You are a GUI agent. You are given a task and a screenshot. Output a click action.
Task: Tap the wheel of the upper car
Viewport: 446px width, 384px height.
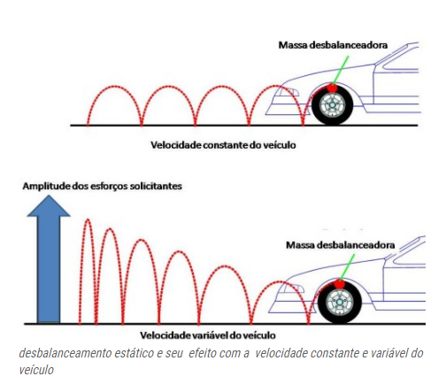point(332,105)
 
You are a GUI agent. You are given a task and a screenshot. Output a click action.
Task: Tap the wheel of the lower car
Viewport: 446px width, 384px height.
point(340,303)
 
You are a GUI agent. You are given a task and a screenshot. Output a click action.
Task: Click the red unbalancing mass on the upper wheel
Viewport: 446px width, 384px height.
point(333,88)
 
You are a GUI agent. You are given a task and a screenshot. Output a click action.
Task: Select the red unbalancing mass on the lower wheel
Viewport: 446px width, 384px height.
point(340,284)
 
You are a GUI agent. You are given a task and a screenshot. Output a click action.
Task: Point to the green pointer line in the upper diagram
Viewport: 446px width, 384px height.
point(341,71)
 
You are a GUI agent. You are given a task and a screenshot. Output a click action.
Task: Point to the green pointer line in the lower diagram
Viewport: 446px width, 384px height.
point(347,267)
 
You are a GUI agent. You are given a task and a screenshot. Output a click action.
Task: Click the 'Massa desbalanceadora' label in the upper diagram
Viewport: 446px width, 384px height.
point(333,45)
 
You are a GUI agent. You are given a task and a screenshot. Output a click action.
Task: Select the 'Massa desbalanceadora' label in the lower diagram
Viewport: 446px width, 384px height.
point(341,245)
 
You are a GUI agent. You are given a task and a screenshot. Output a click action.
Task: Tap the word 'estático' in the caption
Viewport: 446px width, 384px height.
point(135,353)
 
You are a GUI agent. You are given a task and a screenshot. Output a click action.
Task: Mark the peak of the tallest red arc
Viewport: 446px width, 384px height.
point(88,219)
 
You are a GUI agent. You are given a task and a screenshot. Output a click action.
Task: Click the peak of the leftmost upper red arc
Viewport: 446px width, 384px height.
point(114,87)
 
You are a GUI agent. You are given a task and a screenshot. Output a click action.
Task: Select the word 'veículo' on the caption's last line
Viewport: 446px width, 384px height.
point(36,370)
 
